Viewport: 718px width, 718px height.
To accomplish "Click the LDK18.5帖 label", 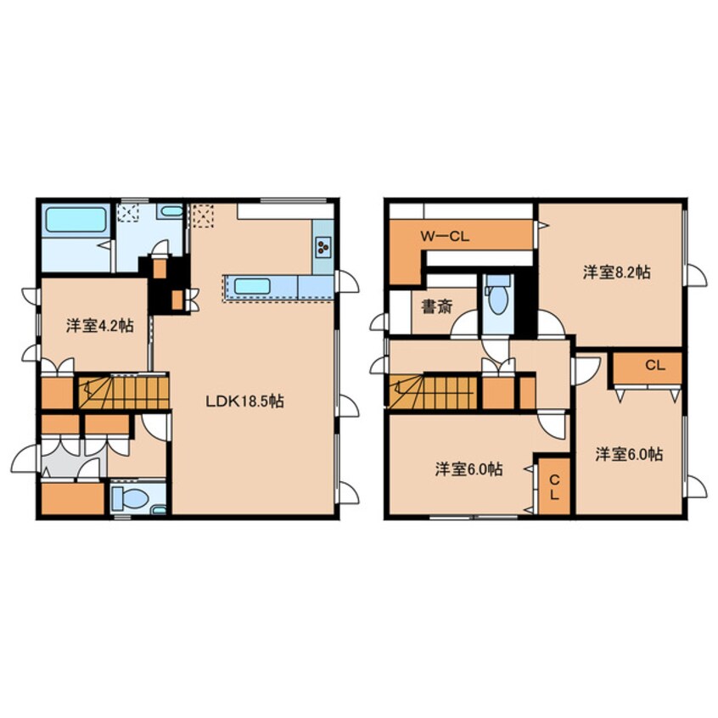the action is (x=244, y=401).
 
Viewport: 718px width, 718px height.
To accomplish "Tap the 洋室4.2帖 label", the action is (x=100, y=326).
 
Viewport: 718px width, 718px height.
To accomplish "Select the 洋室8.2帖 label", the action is (x=616, y=272).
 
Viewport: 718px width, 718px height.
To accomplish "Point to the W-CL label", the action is (x=445, y=237).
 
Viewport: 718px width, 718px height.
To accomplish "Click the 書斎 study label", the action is (x=437, y=306).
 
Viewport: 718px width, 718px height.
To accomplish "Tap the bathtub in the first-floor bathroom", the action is (x=76, y=220).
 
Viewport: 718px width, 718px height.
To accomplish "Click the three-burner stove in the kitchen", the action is (x=323, y=247).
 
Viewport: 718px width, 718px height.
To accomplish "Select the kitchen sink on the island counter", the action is (x=252, y=287).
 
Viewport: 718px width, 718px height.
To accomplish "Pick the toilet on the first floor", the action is (x=131, y=498).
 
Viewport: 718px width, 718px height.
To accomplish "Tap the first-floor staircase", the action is (x=124, y=392).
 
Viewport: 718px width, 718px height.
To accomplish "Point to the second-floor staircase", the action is (x=433, y=392).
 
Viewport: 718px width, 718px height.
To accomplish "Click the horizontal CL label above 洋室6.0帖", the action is (x=655, y=366).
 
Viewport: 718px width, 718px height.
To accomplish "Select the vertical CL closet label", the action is (x=554, y=487).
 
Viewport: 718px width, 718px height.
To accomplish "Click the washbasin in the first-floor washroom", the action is (x=171, y=211).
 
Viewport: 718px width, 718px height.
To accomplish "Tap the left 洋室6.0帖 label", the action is (x=468, y=469).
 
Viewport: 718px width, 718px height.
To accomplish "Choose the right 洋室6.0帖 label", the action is (x=629, y=454).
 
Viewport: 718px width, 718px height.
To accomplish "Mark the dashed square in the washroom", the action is (x=128, y=213).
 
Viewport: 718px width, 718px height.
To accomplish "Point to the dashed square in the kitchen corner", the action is (x=203, y=216).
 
